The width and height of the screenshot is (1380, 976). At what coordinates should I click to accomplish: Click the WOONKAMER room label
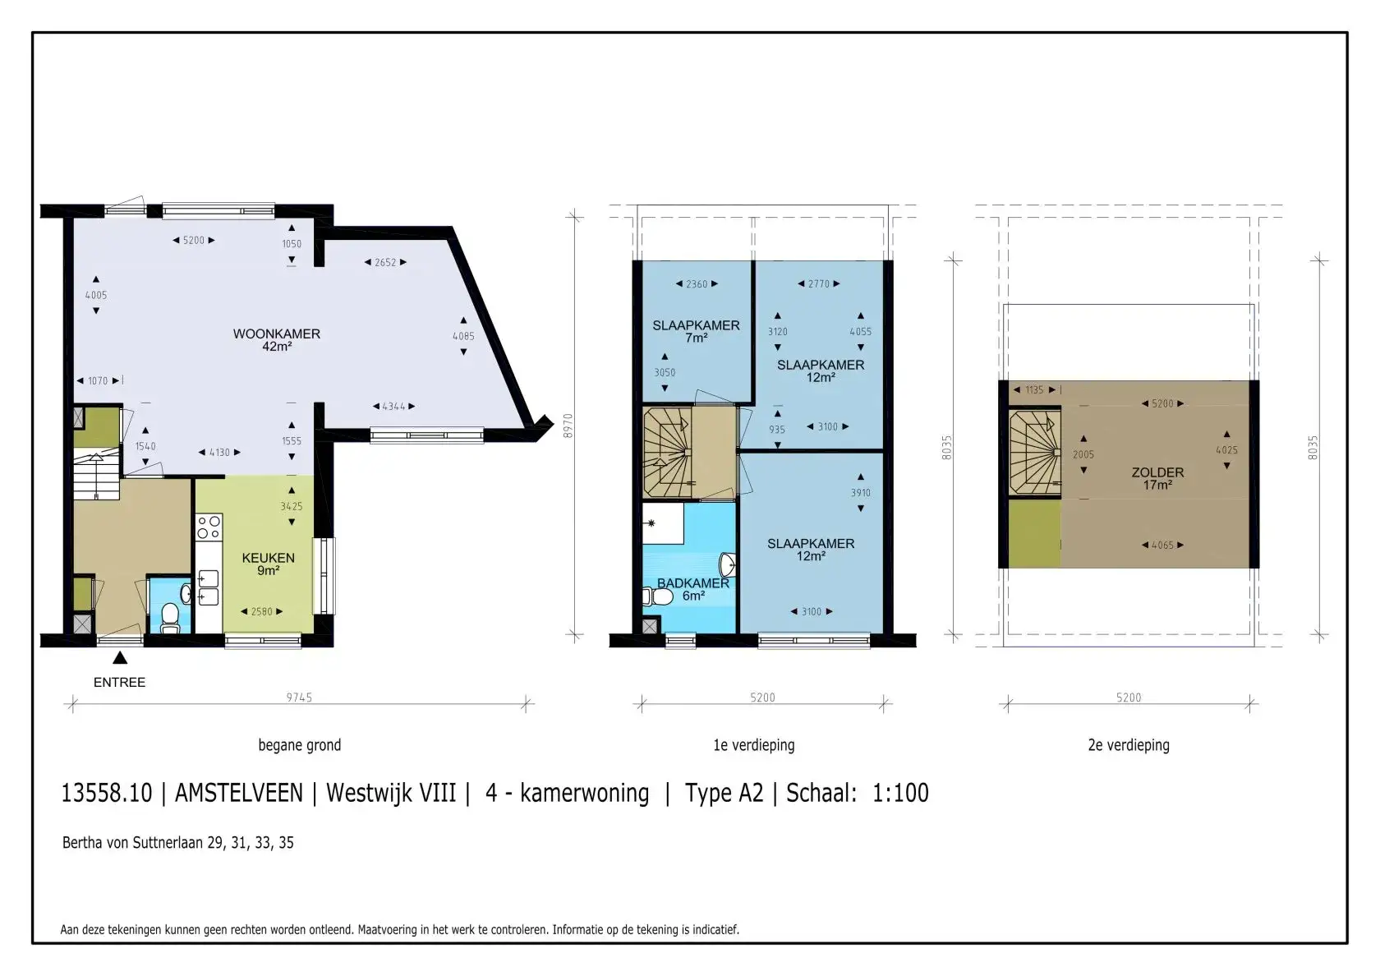277,334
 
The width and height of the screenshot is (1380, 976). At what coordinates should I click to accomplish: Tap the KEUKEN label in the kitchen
268,559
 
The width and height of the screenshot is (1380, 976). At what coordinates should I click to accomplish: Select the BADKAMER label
693,583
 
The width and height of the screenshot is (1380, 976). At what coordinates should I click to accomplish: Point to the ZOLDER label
1157,472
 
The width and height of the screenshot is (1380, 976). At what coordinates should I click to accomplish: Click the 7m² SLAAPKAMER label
697,325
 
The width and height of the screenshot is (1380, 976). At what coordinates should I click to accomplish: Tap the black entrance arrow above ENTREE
120,658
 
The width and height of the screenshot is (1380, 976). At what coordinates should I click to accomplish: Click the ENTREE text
120,683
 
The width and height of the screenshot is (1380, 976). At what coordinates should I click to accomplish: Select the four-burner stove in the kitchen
209,527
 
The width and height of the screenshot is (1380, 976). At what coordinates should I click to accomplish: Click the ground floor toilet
169,618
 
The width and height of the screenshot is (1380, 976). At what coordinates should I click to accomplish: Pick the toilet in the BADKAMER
658,596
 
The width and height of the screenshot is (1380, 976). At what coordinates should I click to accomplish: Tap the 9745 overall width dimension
299,697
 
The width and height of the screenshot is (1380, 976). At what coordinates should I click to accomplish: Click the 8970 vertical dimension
568,426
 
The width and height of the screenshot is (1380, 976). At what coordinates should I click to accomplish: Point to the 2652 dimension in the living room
386,263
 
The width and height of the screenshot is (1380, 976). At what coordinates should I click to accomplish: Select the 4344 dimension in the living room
394,407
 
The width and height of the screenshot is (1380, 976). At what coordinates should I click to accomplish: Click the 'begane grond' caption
299,746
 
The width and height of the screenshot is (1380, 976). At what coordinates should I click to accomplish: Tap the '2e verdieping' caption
1129,746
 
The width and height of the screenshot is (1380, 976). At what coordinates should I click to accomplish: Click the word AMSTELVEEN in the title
239,793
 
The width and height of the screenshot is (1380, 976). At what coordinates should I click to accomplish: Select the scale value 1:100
900,793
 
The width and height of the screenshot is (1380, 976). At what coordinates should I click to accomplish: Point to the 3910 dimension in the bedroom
861,493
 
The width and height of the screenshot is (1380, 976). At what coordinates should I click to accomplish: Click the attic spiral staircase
1035,452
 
